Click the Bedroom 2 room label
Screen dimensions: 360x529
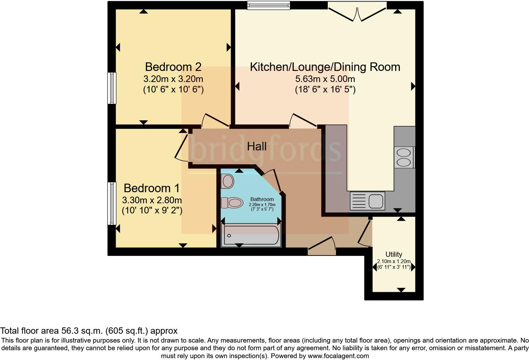[173, 67]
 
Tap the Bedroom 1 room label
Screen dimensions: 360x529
[152, 188]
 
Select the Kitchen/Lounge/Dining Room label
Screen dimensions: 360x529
[325, 67]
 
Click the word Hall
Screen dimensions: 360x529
[257, 147]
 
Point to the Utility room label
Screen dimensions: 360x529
[394, 254]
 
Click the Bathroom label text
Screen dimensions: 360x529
[262, 199]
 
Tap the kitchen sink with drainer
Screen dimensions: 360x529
[367, 201]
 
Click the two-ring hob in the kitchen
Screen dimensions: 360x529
[403, 158]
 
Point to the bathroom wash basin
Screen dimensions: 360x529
[228, 181]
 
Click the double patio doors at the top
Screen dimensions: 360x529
[357, 12]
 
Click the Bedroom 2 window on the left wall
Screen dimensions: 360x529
[112, 88]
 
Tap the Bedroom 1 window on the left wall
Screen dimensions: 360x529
[112, 203]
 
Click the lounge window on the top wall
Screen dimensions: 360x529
[268, 5]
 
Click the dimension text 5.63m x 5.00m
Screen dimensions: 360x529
[325, 79]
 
